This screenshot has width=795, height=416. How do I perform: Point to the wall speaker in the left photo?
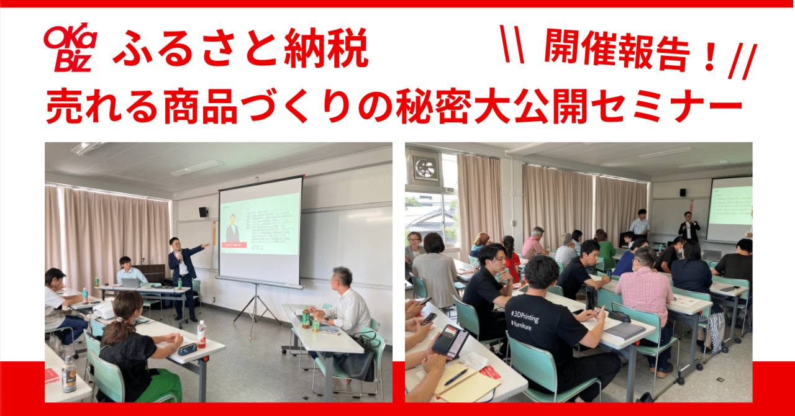(203, 212)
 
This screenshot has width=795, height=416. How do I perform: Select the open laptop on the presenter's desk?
(130, 283)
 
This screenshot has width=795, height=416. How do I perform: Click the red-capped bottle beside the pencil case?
(201, 333)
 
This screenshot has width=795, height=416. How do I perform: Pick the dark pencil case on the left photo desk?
(187, 350)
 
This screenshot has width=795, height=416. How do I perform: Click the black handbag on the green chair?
(356, 360)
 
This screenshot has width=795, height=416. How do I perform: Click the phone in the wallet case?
(452, 340)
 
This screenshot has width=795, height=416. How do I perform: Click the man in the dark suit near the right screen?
(688, 228)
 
